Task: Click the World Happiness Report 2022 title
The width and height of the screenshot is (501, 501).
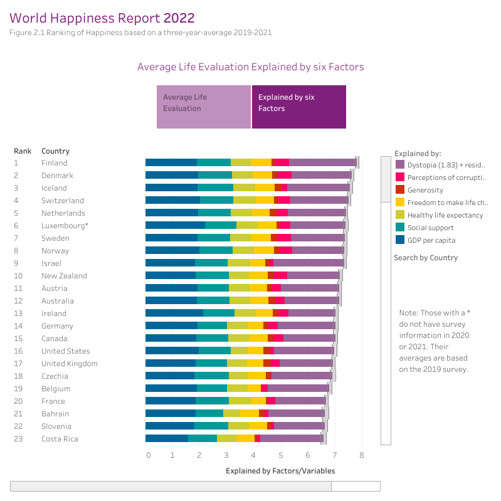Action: point(102,18)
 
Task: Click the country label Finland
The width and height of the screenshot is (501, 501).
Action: point(55,163)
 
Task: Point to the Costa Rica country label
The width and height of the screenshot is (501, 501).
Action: point(60,439)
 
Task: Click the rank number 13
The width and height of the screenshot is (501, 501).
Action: point(18,314)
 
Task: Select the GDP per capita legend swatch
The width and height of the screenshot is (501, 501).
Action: point(399,240)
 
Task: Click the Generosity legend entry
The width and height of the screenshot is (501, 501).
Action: point(425,190)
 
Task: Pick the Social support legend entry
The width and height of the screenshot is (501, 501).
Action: point(430,228)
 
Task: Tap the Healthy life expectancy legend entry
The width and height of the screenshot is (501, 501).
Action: point(445,215)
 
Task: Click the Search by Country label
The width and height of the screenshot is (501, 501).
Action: point(426,258)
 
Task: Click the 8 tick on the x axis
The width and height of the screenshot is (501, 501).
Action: point(362,455)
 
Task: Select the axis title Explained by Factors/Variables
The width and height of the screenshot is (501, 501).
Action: point(280,471)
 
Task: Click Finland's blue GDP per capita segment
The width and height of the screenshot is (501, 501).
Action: point(171,163)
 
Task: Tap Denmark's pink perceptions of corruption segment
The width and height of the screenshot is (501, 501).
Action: point(284,176)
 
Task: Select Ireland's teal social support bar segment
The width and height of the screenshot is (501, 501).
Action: point(219,313)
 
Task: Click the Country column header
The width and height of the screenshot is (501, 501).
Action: point(55,151)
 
